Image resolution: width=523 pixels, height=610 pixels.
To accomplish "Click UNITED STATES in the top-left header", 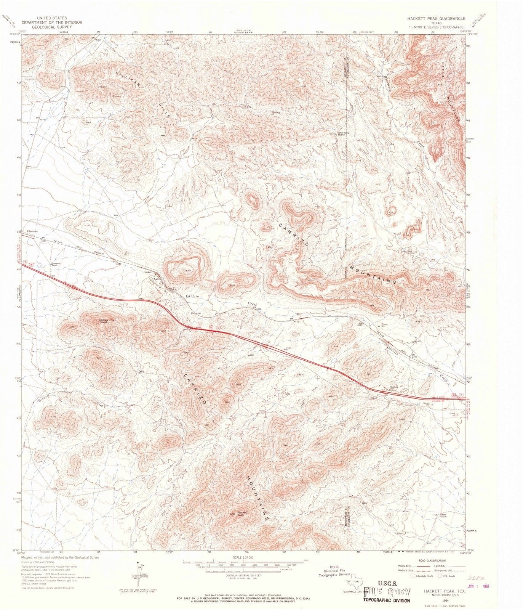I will pyautogui.click(x=52, y=18).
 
